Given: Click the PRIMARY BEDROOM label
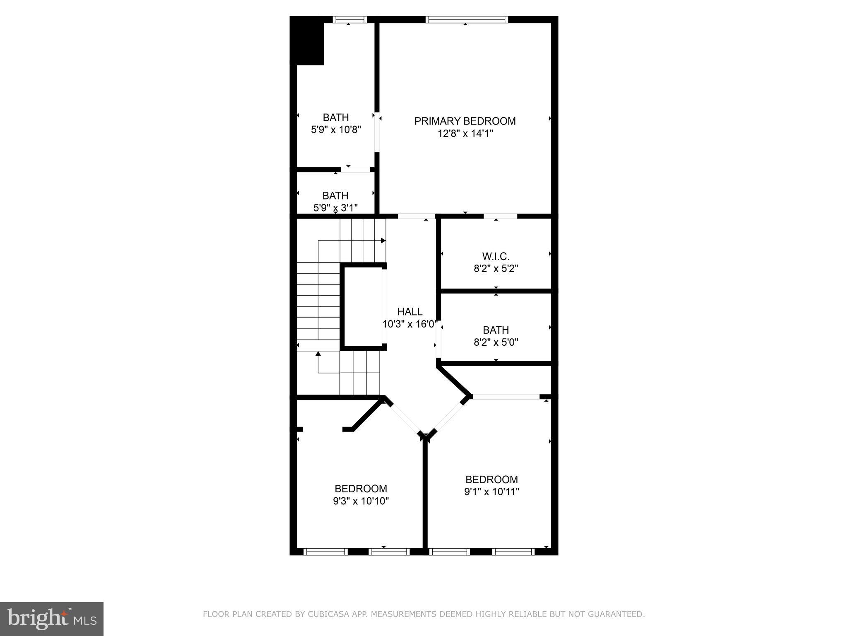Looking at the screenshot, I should [x=465, y=121].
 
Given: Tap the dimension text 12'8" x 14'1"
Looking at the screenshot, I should [x=465, y=134].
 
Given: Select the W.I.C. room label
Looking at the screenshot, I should [x=496, y=256].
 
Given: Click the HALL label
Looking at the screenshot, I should [x=410, y=312].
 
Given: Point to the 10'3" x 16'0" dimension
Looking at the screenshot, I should [x=410, y=324].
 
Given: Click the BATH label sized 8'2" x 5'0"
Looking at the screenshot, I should [x=496, y=330].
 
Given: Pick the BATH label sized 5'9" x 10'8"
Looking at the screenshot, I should [x=336, y=117].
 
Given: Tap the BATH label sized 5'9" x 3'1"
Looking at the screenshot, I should [x=335, y=195].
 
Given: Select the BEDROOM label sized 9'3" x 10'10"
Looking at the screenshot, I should [x=361, y=489].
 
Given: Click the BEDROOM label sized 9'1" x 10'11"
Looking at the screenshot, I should [x=491, y=479].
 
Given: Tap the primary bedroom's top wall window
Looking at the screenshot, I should [x=466, y=19].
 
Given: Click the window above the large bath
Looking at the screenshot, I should [x=350, y=19].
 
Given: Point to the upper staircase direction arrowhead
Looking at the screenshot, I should [x=383, y=241].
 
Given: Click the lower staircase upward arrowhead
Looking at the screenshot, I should [x=318, y=354].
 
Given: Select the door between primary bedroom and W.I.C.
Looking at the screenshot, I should [x=500, y=216].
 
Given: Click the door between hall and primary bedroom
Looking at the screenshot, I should [x=417, y=216].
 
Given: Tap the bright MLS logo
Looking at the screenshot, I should [x=51, y=619].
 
